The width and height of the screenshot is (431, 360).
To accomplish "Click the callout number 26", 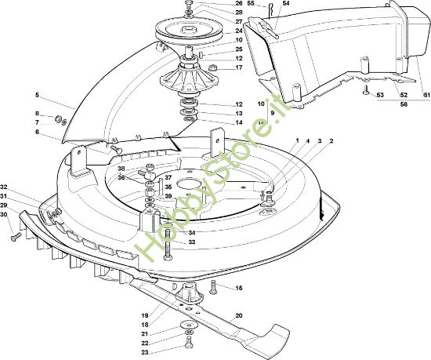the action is tap(239, 4).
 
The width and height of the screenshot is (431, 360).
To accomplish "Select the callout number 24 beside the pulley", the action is tap(239, 31).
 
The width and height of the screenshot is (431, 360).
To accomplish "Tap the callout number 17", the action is tap(239, 67).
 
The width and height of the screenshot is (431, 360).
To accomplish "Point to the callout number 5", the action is tap(37, 95).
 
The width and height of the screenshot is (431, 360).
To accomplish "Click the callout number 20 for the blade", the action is tap(239, 315).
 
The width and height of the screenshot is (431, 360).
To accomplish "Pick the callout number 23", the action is tap(145, 352).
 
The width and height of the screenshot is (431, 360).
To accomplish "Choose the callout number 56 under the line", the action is tap(404, 104).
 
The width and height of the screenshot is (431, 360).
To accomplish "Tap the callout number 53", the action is tap(380, 95).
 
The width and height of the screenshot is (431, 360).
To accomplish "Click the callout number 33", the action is tap(191, 242).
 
